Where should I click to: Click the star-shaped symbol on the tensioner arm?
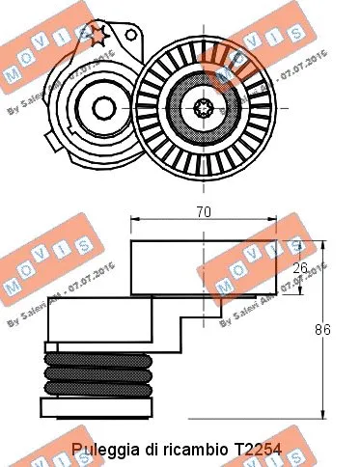point(96,36)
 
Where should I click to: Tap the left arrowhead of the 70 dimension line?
point(134,220)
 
